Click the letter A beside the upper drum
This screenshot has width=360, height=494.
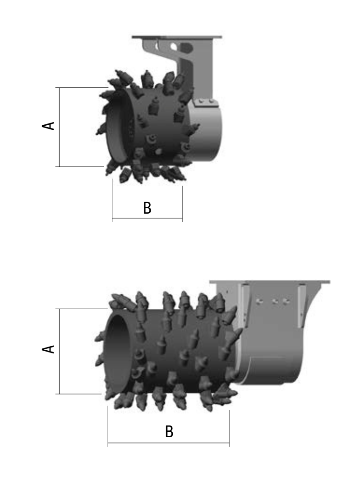click(x=48, y=126)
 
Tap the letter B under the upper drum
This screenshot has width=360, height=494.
click(x=147, y=208)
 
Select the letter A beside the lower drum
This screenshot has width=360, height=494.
click(x=48, y=349)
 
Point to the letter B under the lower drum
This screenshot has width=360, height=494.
click(x=169, y=432)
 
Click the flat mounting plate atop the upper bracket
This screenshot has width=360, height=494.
click(x=177, y=37)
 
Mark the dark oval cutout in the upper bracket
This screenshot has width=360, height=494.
click(x=186, y=48)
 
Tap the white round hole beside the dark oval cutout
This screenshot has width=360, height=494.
click(x=173, y=47)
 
